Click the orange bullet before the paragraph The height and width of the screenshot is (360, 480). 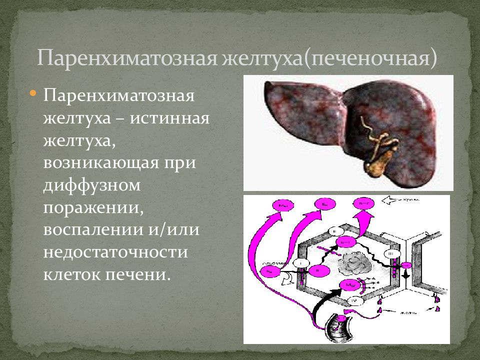(x=33, y=93)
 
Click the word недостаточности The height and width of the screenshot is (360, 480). (x=115, y=251)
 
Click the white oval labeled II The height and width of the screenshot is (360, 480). (x=333, y=231)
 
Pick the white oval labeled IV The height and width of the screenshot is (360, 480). (x=352, y=300)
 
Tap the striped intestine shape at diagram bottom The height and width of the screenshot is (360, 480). (x=337, y=327)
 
